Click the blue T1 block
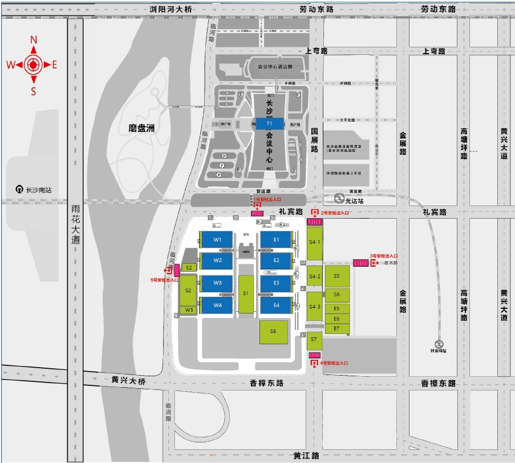(x=269, y=123)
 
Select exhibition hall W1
(x=217, y=240)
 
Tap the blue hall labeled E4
(x=277, y=305)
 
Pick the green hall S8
(x=273, y=332)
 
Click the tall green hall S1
(x=246, y=293)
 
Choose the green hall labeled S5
(x=336, y=276)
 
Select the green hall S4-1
(x=315, y=242)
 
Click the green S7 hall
(x=314, y=340)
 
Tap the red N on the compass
(x=34, y=39)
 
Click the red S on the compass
(x=34, y=91)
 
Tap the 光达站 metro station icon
(x=339, y=199)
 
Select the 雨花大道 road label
(x=76, y=224)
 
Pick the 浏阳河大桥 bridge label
(x=171, y=9)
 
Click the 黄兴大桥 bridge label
(x=128, y=380)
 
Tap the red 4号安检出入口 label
(x=334, y=363)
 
